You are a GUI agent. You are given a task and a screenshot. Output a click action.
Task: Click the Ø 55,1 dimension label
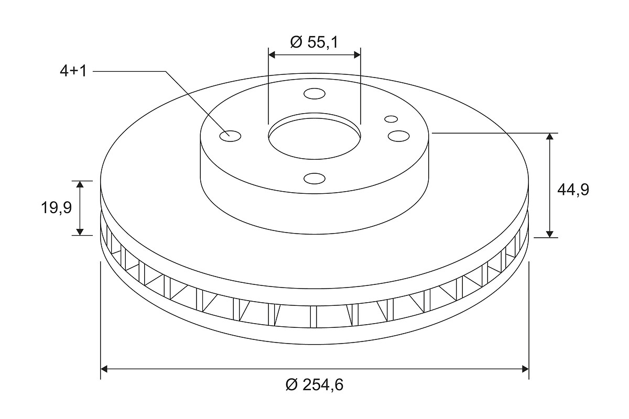pos(314,42)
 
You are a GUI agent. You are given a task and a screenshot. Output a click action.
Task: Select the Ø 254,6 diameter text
pos(314,385)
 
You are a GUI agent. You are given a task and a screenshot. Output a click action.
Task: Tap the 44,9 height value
pos(573,190)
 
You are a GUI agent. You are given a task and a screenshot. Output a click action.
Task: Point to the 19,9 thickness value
pos(57,208)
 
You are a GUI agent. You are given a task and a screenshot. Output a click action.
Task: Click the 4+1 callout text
pos(73,71)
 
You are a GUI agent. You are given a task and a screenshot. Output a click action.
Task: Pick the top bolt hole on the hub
pos(314,94)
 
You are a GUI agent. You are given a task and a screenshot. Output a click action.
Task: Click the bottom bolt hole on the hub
pos(314,179)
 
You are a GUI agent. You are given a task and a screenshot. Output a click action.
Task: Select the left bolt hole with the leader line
pos(230,136)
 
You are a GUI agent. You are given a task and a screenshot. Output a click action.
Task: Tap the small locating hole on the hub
pos(391,119)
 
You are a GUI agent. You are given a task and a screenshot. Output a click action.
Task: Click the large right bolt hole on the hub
pos(398,136)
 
